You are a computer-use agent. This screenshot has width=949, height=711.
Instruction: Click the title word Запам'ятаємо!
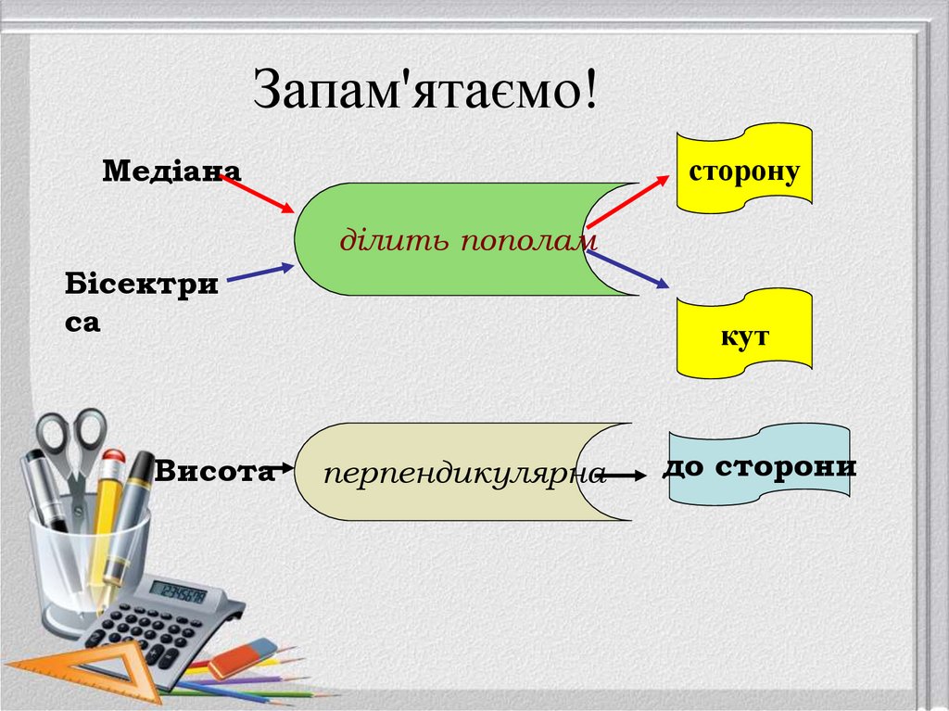(x=425, y=91)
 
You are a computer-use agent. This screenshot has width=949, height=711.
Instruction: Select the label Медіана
(x=171, y=171)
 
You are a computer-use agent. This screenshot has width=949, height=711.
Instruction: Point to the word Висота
(x=215, y=471)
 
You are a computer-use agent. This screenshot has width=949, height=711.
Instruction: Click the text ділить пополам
(x=468, y=242)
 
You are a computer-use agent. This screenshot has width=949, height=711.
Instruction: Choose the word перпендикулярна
(x=464, y=474)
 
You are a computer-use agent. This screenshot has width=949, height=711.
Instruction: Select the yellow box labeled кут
(x=744, y=336)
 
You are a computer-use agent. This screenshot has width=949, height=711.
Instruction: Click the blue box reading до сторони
(x=759, y=466)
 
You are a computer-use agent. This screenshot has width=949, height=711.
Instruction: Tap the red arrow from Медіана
(x=259, y=194)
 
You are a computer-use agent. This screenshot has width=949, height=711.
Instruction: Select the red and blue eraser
(x=242, y=658)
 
